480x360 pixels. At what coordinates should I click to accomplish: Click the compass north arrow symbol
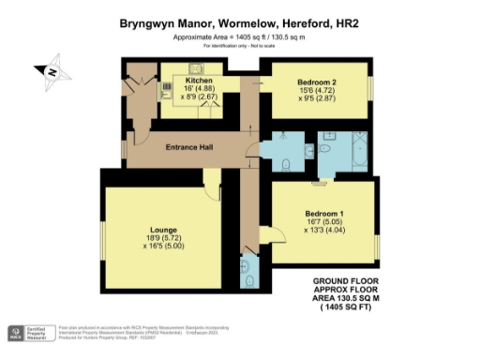click(x=50, y=70)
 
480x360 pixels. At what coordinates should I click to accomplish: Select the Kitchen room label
click(x=213, y=81)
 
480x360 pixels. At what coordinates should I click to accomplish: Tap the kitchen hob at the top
click(x=199, y=67)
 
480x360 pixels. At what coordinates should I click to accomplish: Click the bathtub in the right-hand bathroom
click(x=358, y=150)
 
